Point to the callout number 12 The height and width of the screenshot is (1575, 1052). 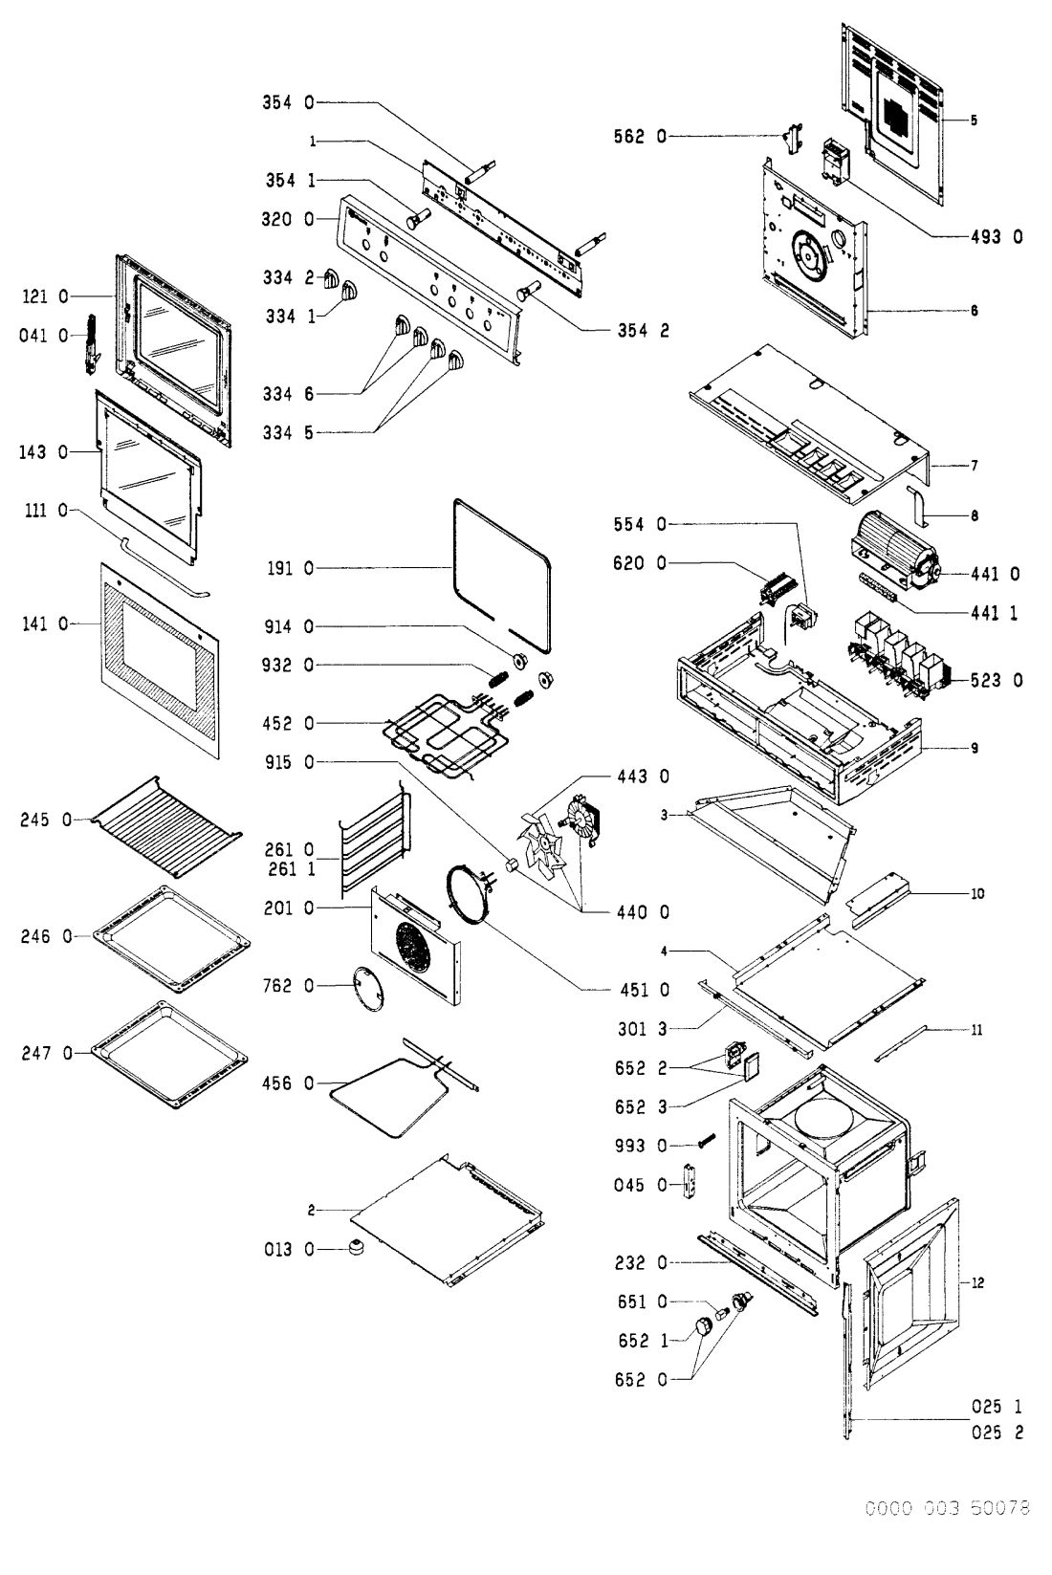[976, 1282]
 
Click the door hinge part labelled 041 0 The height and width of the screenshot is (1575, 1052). [93, 340]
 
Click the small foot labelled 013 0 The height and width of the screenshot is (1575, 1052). [359, 1248]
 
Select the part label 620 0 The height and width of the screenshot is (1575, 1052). [640, 564]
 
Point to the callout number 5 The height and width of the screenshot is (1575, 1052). [973, 120]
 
